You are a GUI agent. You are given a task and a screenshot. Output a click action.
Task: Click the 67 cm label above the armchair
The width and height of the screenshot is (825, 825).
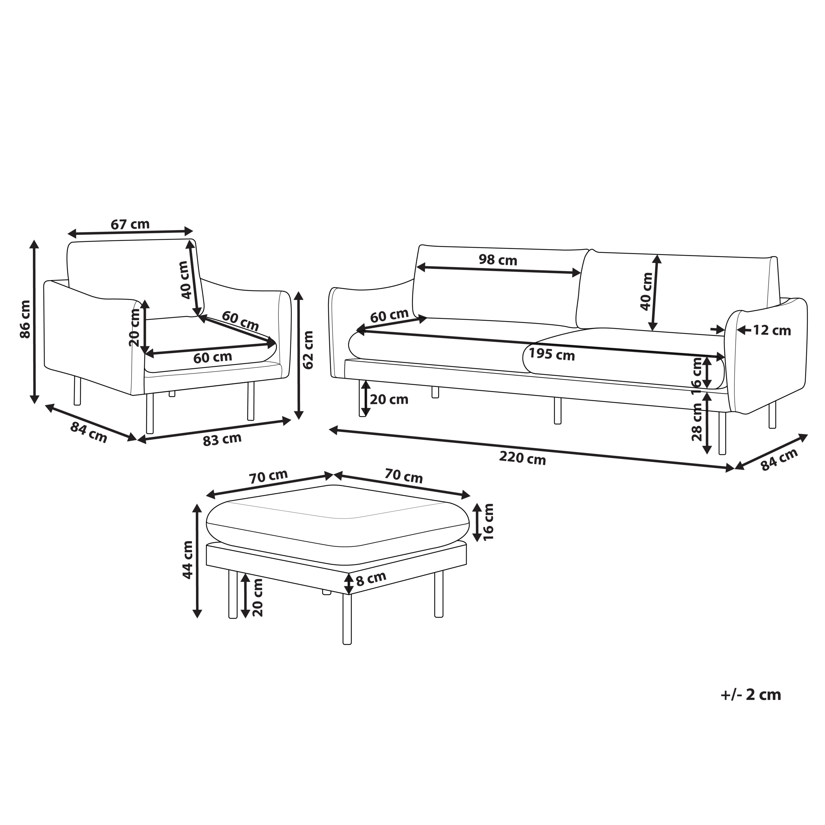click(x=130, y=224)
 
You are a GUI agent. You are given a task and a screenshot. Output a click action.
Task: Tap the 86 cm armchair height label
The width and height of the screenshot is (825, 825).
click(x=26, y=319)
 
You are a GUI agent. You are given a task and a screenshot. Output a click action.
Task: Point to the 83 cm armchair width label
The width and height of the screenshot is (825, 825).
click(x=222, y=439)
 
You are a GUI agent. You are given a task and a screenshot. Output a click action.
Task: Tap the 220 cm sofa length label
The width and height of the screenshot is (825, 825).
click(x=523, y=458)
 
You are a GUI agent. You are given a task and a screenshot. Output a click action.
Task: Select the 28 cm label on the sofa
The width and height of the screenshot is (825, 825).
click(x=697, y=422)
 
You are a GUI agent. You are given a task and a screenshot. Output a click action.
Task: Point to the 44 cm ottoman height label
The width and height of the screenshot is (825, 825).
click(x=188, y=560)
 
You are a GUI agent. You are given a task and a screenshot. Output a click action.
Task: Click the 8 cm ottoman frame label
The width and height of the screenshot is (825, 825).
click(x=371, y=578)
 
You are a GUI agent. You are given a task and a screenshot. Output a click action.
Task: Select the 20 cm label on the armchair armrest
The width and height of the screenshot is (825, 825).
click(x=134, y=327)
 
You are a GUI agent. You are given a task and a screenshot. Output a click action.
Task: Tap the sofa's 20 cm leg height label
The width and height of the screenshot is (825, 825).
click(x=389, y=400)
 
